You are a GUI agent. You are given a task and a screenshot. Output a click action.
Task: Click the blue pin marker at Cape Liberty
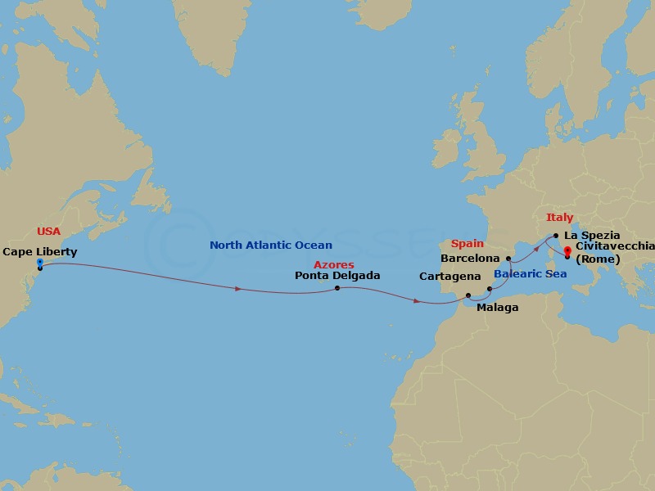[x=39, y=263]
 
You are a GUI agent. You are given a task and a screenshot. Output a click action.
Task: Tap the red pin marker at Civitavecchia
[x=567, y=253]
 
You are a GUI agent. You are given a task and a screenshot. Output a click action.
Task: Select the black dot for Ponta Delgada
[x=337, y=288]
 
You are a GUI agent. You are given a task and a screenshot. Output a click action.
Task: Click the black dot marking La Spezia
[x=556, y=236]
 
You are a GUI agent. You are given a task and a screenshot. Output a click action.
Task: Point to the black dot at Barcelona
[x=508, y=259]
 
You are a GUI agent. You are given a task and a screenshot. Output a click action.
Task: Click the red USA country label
[x=49, y=232]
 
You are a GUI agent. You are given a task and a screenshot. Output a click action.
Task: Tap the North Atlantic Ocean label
[x=271, y=245]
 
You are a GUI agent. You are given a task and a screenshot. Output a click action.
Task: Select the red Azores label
[x=334, y=265]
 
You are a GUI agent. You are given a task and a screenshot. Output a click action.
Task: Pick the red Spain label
[x=468, y=244]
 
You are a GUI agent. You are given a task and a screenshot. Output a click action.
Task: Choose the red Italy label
[x=559, y=218]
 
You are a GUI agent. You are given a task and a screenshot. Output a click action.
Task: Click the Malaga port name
[x=497, y=308]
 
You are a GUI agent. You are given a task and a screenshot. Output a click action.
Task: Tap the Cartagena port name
[x=449, y=277]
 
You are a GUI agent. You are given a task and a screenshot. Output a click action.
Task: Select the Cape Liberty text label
[x=39, y=251]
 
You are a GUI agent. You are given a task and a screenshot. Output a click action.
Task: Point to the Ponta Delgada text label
[x=337, y=276]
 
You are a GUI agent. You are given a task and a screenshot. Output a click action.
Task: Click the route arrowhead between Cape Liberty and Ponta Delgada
[x=238, y=289]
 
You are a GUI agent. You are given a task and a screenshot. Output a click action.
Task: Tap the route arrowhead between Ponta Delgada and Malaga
[x=418, y=302]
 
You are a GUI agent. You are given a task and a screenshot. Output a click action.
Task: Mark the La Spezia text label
[x=592, y=235]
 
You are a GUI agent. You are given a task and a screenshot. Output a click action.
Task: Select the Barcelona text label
[x=470, y=258]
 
